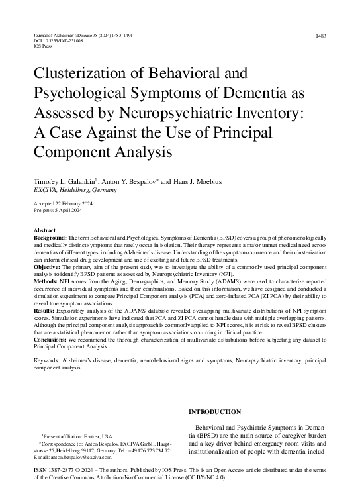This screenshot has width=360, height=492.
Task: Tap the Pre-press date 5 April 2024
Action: click(73, 210)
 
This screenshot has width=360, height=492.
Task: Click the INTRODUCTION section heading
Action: click(215, 411)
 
